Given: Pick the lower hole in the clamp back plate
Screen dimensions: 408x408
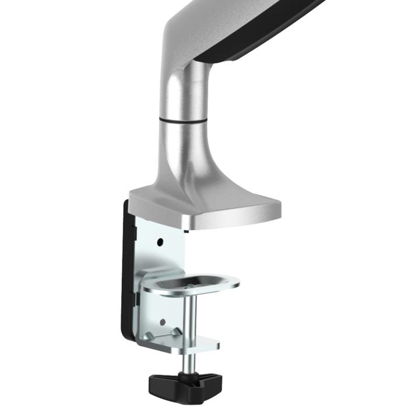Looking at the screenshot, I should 163,321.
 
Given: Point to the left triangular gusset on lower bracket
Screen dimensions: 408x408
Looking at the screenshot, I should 151,335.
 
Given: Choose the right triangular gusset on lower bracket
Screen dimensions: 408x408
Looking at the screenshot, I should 175,332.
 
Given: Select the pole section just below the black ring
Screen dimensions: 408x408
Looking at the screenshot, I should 182,140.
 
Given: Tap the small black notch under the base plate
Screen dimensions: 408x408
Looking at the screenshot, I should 186,230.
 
